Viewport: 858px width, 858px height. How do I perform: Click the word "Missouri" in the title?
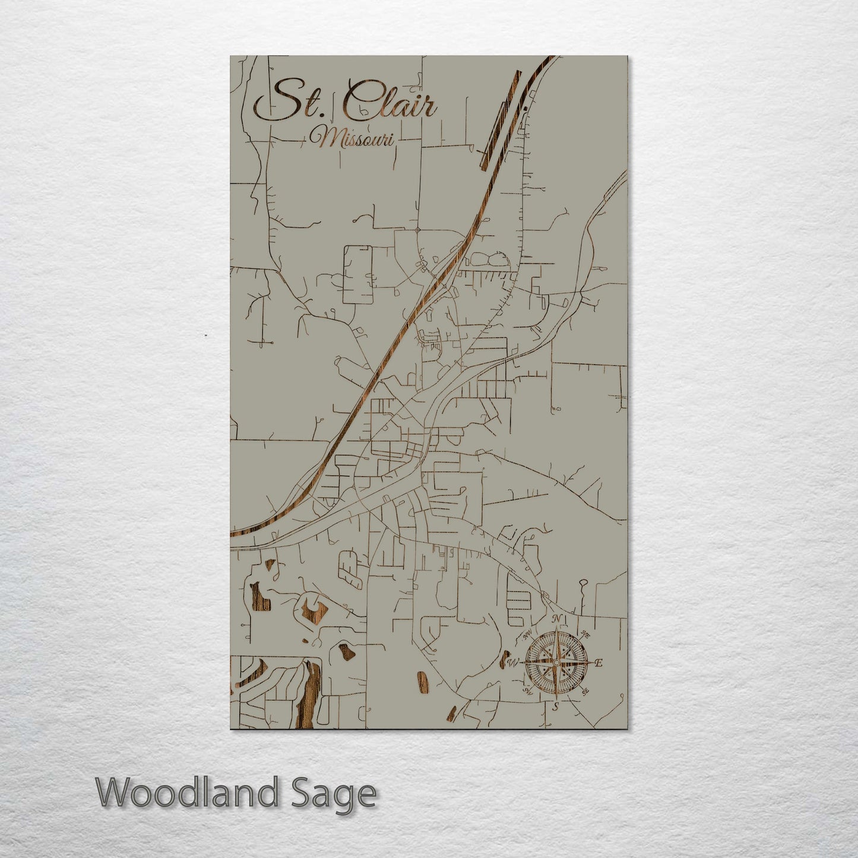click(x=354, y=139)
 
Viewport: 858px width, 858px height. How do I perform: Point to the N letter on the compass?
click(x=556, y=619)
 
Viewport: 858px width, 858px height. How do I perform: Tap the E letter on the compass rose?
click(x=599, y=663)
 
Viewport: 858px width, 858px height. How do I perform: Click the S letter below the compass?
click(x=556, y=707)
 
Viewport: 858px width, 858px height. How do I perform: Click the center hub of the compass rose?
click(x=556, y=663)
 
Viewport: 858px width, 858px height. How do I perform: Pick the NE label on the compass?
click(x=585, y=634)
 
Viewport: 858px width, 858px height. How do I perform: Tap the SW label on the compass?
click(x=526, y=691)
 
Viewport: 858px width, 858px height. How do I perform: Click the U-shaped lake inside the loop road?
click(x=312, y=608)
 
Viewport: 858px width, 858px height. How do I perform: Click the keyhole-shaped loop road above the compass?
click(x=583, y=585)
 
